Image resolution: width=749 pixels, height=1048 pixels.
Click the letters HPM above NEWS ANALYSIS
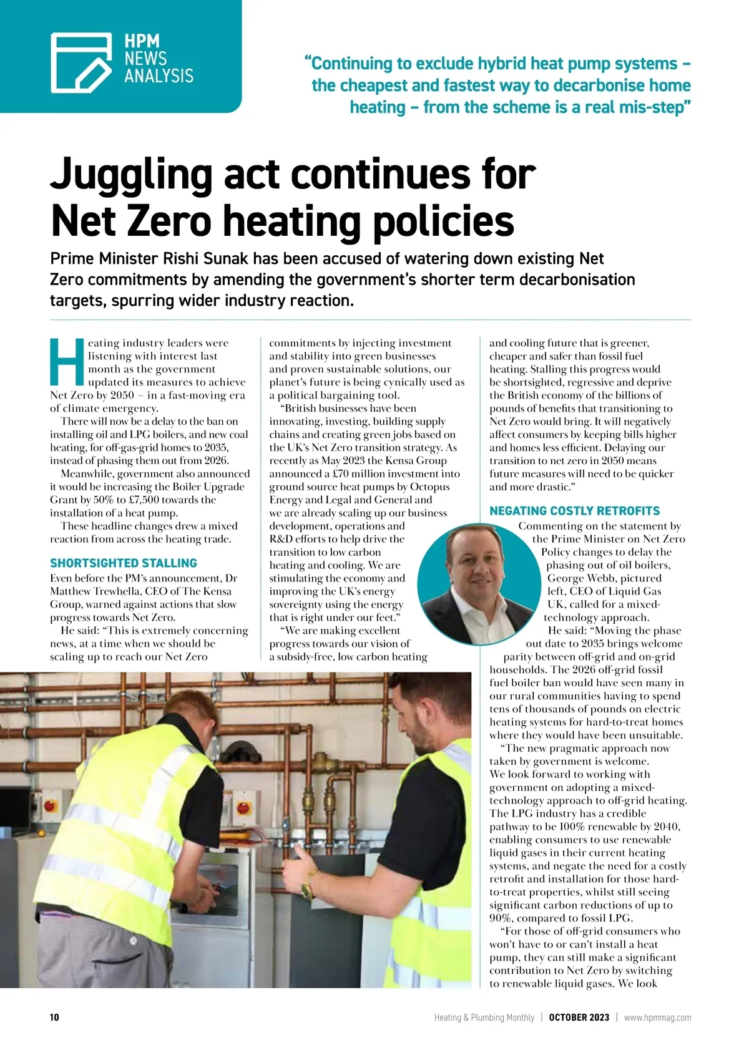(x=142, y=42)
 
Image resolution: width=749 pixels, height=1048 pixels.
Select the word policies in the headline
(x=444, y=221)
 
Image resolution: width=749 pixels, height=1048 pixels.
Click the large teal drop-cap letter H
(x=67, y=362)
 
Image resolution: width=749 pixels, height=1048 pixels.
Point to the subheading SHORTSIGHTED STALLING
(x=124, y=563)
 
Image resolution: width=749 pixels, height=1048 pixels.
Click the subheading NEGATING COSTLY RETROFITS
(x=574, y=511)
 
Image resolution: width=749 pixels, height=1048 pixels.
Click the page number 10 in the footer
(x=54, y=1017)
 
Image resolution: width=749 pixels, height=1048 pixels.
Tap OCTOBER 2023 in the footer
(x=579, y=1017)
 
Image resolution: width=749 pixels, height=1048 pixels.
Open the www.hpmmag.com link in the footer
(x=657, y=1017)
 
